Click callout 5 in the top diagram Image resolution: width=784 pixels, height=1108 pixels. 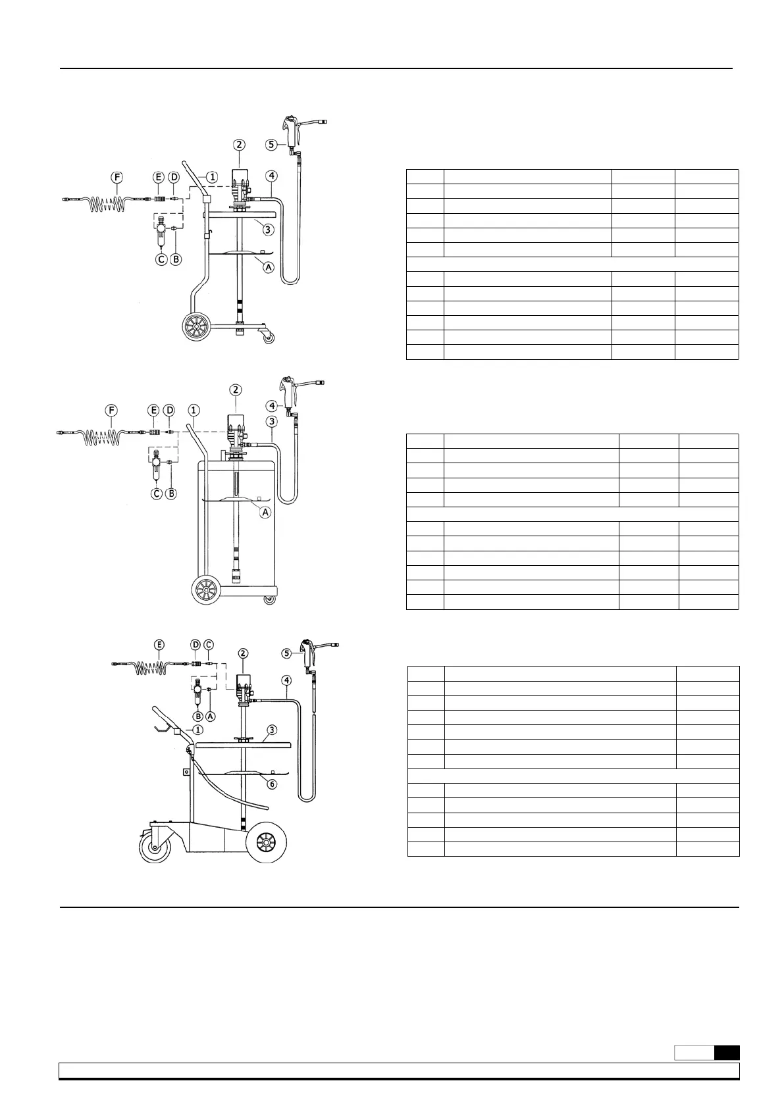tap(272, 143)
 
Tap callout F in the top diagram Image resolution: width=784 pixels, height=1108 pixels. tap(117, 177)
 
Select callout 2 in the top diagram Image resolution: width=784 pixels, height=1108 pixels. tap(239, 144)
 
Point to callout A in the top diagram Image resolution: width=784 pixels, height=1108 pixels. tap(269, 267)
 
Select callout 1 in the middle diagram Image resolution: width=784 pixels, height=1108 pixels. tap(194, 410)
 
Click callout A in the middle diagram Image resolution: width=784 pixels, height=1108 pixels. tap(265, 512)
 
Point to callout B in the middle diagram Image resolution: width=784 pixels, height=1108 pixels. tap(170, 493)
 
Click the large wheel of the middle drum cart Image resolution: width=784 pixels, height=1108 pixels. tap(207, 590)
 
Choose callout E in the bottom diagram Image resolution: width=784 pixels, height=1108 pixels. tap(159, 645)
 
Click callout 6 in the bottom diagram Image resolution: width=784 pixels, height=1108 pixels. tap(272, 784)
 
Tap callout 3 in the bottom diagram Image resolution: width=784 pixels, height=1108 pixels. tap(272, 730)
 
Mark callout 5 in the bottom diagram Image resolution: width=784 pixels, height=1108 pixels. tap(286, 653)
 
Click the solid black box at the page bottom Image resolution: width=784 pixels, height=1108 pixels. tap(727, 1053)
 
